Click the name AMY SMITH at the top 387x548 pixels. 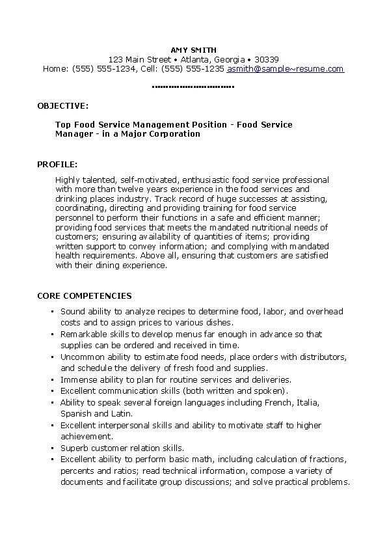pyautogui.click(x=193, y=49)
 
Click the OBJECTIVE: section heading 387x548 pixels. pyautogui.click(x=63, y=105)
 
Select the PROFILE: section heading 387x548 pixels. pyautogui.click(x=58, y=164)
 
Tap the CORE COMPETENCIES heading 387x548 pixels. pyautogui.click(x=85, y=295)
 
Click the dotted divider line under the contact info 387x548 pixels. pyautogui.click(x=193, y=87)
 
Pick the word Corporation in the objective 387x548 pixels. pyautogui.click(x=176, y=134)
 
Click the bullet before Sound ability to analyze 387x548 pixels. pyautogui.click(x=52, y=312)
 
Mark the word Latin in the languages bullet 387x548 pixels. pyautogui.click(x=122, y=413)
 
